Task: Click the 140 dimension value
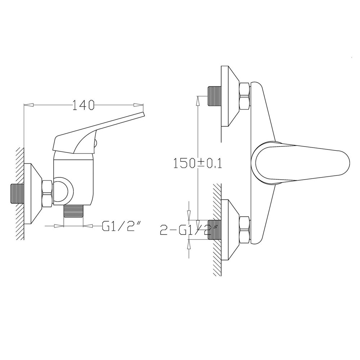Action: pyautogui.click(x=83, y=105)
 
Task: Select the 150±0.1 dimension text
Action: pyautogui.click(x=197, y=163)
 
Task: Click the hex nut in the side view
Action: pyautogui.click(x=48, y=193)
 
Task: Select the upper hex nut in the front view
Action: pyautogui.click(x=244, y=96)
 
